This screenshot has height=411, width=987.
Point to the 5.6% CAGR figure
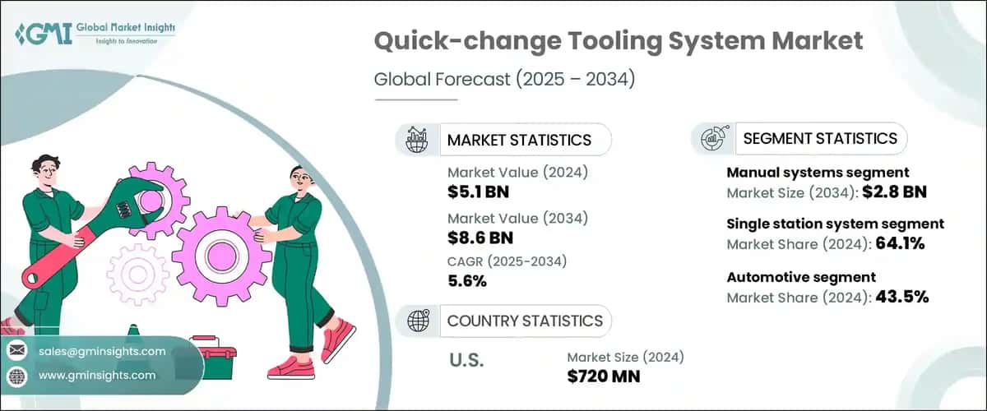466,281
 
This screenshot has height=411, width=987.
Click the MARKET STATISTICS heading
519,140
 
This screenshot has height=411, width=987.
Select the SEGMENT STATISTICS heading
820,138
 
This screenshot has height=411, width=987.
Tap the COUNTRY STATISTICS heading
524,321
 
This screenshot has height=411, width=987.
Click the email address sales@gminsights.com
102,351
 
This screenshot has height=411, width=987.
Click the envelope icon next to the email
16,351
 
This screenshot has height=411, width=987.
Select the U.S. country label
467,360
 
